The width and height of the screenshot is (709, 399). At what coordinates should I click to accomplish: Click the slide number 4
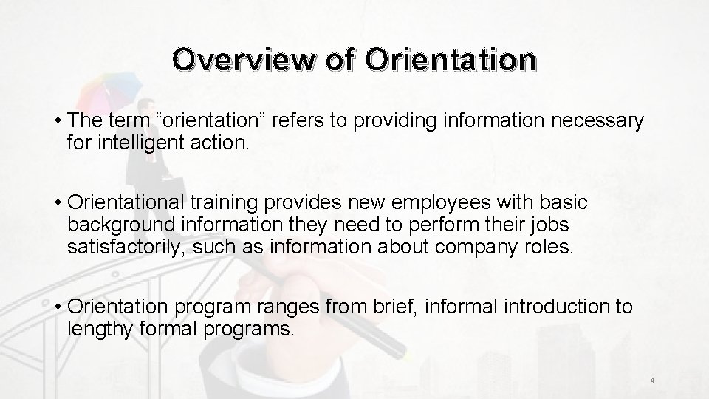point(653,381)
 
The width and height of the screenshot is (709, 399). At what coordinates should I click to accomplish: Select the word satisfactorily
point(126,245)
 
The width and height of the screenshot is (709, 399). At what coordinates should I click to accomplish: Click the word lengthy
point(98,327)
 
